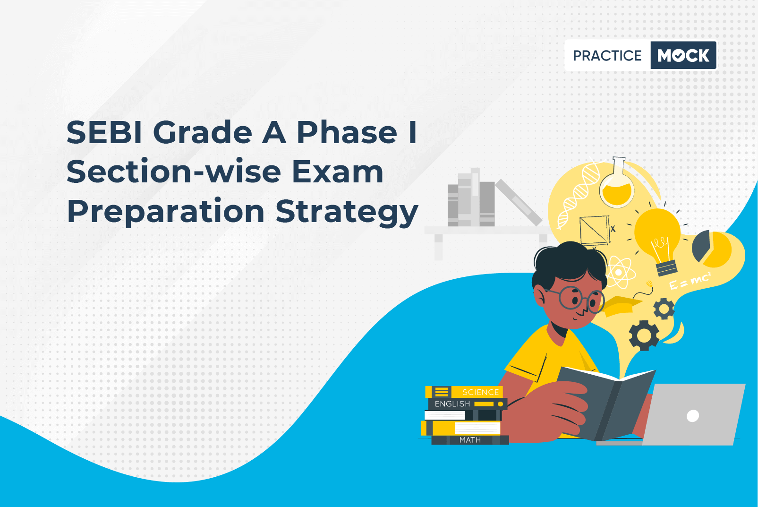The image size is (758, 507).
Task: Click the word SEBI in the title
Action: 104,132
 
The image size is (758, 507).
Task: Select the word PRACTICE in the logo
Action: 607,56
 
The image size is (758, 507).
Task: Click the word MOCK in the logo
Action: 683,55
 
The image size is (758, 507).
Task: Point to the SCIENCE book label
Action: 480,392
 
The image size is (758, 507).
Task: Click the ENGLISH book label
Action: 452,404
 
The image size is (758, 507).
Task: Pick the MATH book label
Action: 470,439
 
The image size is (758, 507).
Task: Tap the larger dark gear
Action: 644,335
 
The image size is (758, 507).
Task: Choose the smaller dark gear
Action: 664,309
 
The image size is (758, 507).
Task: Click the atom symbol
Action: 619,273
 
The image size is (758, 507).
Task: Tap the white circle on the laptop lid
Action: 693,416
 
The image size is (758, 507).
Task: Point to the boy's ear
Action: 540,296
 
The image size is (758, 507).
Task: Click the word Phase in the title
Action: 347,132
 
